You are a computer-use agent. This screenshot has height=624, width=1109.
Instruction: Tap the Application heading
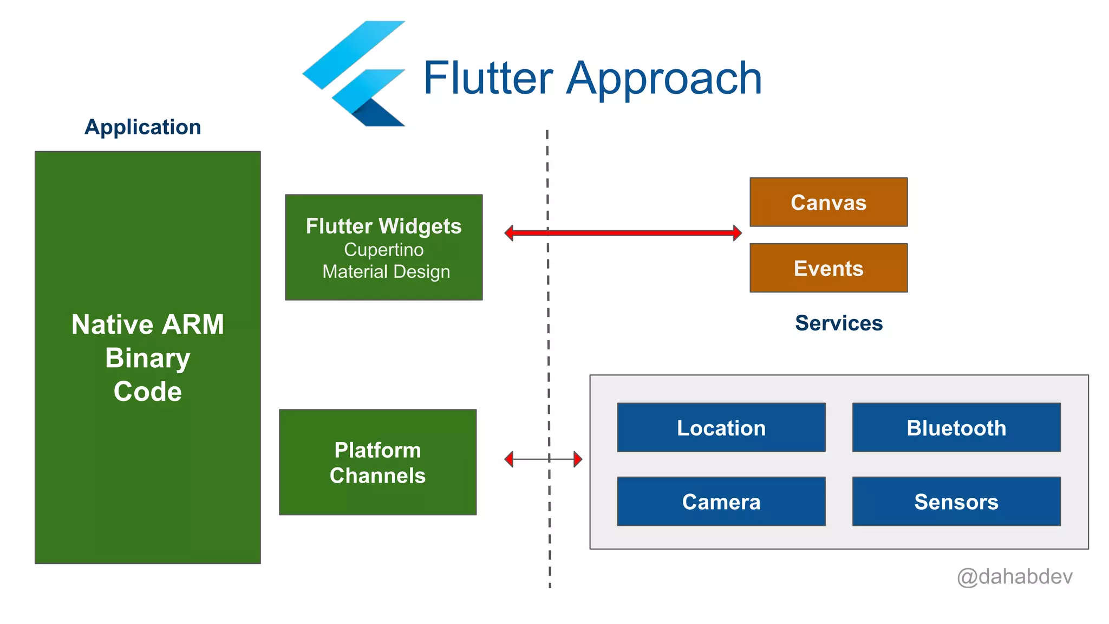(x=143, y=127)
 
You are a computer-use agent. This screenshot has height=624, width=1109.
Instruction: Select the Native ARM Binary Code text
(x=147, y=357)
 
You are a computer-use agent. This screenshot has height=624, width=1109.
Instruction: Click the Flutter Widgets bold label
(x=383, y=226)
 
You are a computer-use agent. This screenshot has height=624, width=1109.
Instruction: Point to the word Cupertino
(x=383, y=250)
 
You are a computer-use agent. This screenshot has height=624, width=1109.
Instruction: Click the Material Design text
(x=386, y=271)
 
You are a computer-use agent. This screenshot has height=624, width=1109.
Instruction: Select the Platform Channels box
(x=377, y=462)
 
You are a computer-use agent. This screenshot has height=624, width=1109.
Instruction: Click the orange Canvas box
(x=828, y=202)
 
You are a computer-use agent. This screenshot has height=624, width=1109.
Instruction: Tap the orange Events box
(x=828, y=268)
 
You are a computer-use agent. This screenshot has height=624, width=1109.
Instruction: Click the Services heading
(x=838, y=323)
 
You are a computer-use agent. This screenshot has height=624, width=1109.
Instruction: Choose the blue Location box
(x=721, y=427)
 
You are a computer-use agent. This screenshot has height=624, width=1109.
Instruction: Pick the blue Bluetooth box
(x=956, y=427)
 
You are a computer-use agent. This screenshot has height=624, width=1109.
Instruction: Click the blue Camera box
(x=721, y=502)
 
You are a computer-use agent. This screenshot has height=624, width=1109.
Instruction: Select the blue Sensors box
(x=956, y=502)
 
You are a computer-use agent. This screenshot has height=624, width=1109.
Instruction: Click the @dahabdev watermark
(x=1014, y=576)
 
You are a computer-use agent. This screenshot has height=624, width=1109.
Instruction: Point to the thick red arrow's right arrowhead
(x=737, y=233)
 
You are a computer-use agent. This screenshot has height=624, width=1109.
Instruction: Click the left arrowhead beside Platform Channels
(x=509, y=459)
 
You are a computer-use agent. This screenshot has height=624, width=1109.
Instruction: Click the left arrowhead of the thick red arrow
(x=510, y=233)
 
